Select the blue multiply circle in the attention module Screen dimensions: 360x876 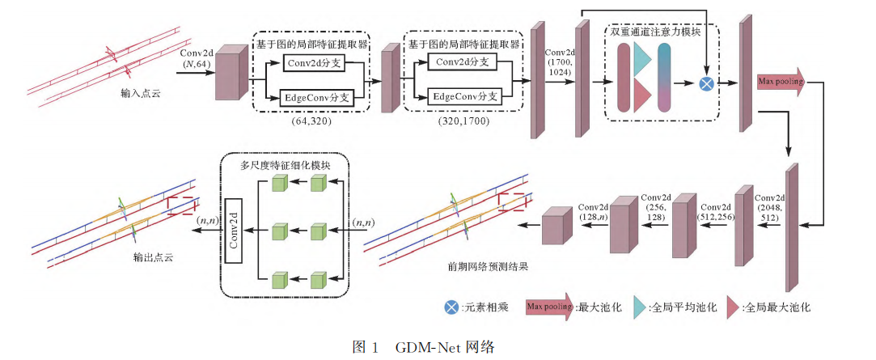(706, 83)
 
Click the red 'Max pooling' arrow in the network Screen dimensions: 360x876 (781, 82)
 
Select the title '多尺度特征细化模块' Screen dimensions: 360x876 (282, 166)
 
